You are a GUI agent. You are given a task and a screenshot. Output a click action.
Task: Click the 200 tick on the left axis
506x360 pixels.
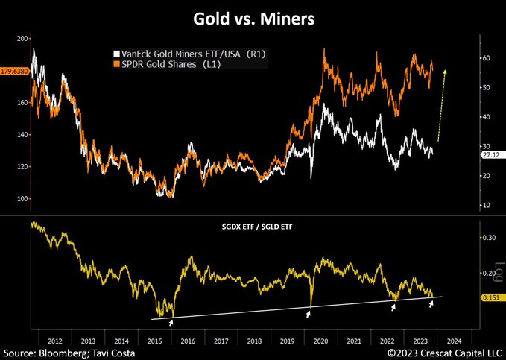pos(22,38)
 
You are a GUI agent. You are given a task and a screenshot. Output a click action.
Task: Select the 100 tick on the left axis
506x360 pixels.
pos(22,199)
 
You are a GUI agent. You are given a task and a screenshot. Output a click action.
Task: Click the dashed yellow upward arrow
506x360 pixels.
pos(441,104)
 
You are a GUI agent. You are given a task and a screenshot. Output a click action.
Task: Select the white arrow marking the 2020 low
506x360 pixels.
pos(309,315)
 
